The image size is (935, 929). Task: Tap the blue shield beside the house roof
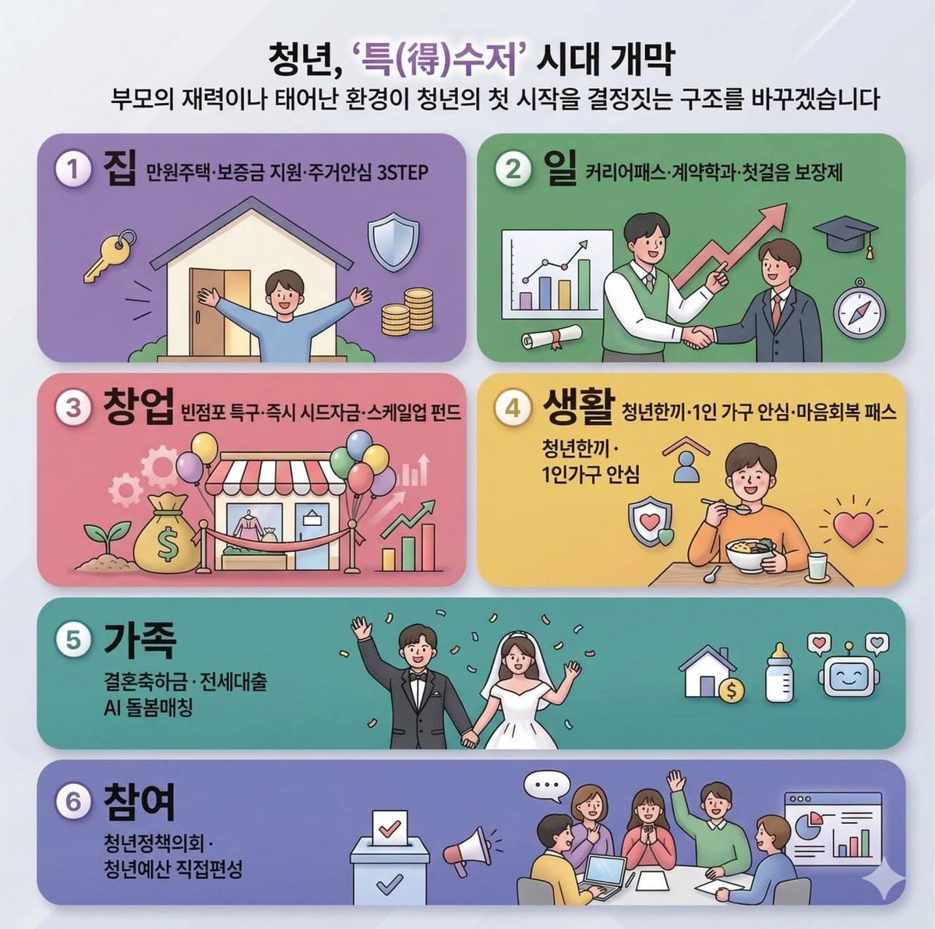(393, 242)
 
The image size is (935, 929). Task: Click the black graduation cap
(845, 236)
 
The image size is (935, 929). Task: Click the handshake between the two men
(699, 335)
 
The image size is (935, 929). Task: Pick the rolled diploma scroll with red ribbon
(551, 337)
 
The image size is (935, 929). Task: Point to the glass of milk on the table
(817, 566)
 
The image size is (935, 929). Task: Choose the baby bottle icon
(779, 673)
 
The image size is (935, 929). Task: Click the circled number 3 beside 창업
(74, 408)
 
